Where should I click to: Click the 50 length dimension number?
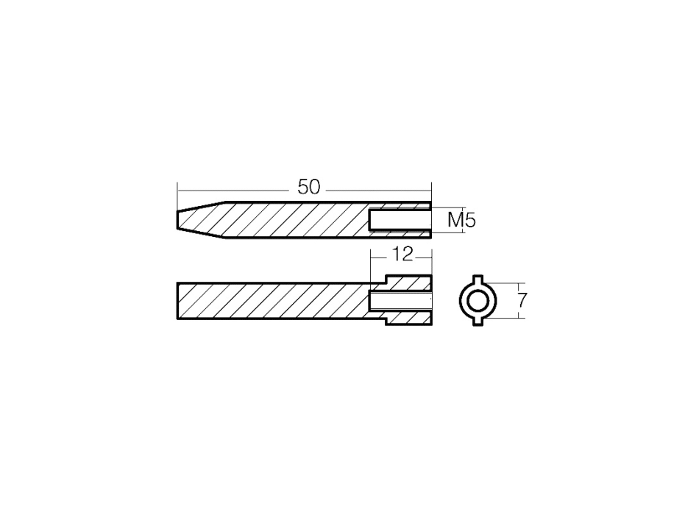(x=309, y=188)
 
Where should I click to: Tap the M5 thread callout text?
(x=461, y=220)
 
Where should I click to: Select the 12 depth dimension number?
(x=402, y=255)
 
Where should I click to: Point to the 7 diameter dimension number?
(x=522, y=300)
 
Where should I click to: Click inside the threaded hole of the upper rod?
(x=400, y=220)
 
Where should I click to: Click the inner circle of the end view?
(x=478, y=301)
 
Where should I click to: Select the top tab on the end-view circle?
(x=478, y=279)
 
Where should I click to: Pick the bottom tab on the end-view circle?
(x=478, y=322)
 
